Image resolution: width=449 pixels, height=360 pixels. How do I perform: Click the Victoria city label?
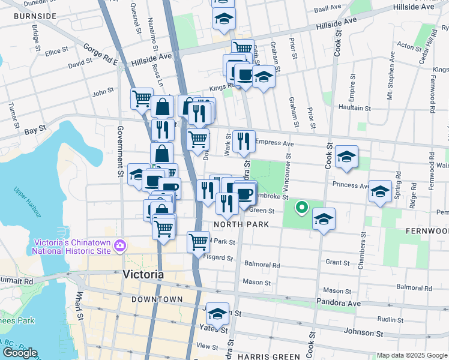143,274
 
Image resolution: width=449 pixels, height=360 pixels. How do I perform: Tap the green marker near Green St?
302,208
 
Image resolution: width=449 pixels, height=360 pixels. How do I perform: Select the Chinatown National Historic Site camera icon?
120,245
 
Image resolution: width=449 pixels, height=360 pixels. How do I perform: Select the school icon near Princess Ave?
380,191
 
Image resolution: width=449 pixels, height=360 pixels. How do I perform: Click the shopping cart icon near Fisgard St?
198,242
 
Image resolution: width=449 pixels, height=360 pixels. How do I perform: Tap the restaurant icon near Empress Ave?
243,141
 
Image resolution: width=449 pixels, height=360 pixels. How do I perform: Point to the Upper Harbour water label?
29,202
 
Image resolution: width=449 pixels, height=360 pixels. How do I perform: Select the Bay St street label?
35,129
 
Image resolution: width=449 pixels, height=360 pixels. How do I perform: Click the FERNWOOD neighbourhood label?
427,230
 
